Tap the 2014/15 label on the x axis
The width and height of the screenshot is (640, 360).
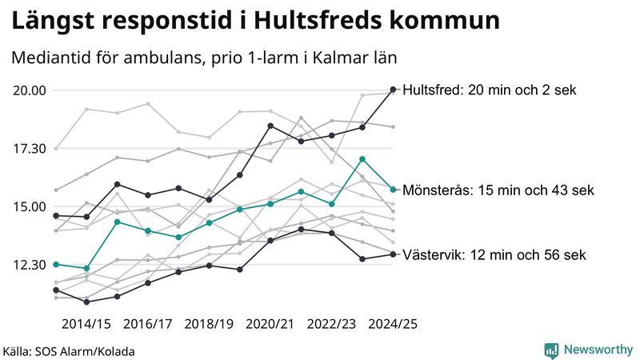coord(86,324)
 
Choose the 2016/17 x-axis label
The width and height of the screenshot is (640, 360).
coord(147,324)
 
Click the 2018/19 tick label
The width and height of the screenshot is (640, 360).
coord(209,324)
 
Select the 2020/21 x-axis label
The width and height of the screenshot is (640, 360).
coord(270,324)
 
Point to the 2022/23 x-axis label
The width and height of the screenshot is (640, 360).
coord(331,324)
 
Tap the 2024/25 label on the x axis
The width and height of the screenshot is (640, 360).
coord(393,324)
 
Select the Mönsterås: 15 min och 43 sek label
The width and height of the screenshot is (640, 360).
coord(498,190)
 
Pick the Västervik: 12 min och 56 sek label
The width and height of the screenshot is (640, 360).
coord(494,255)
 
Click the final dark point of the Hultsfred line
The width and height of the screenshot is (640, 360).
coord(393,90)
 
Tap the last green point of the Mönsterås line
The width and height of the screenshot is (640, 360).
coord(393,190)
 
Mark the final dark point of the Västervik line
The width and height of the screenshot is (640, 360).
coord(393,254)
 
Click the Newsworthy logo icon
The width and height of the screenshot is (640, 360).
coord(551,350)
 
